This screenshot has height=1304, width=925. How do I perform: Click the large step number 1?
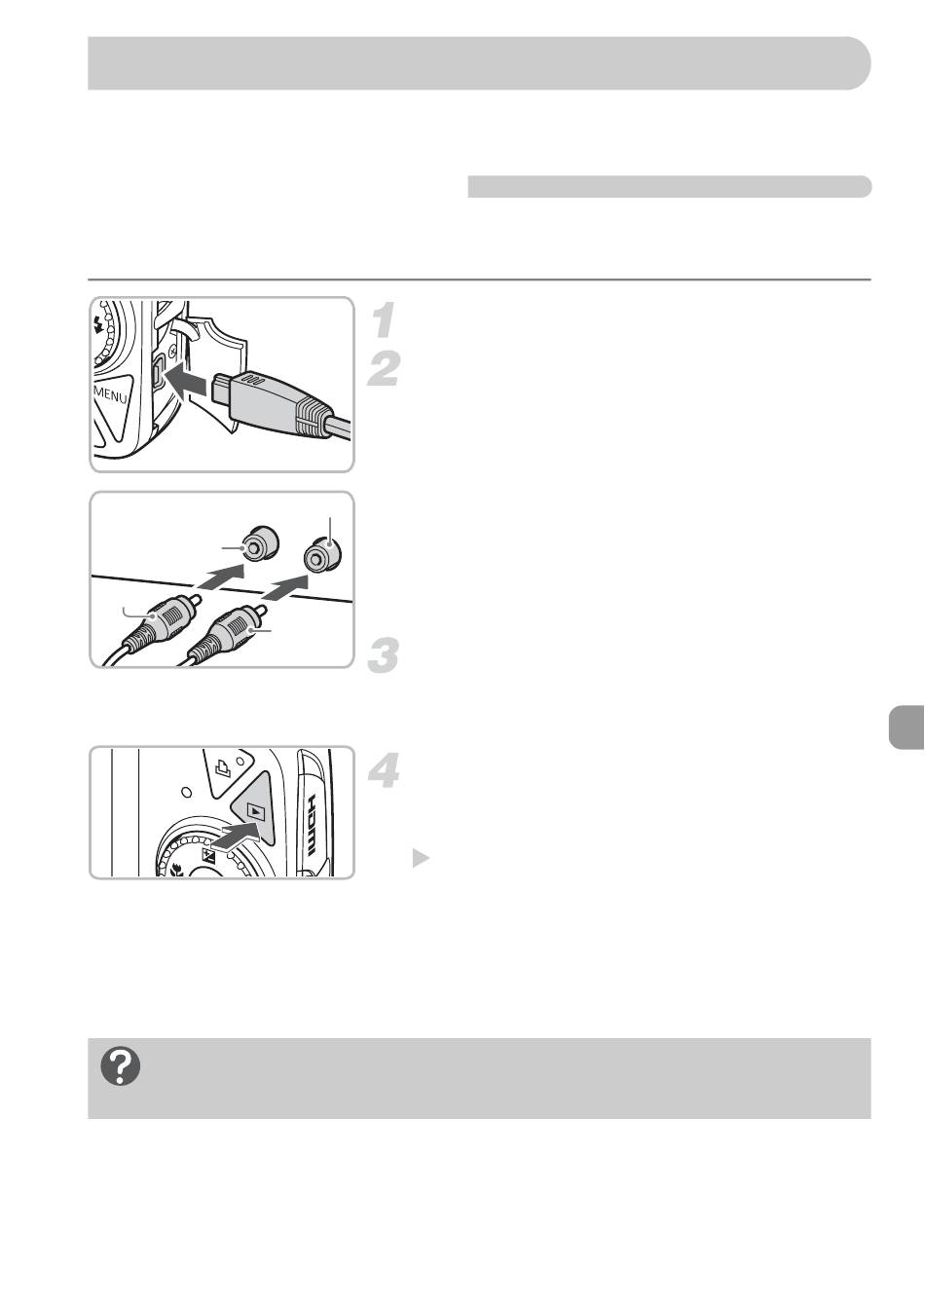click(384, 319)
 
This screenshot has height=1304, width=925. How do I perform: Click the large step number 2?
click(384, 368)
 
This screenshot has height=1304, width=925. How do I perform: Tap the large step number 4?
click(384, 770)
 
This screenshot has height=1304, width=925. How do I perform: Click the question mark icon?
click(121, 1066)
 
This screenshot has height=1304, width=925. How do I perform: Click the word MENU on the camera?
click(111, 395)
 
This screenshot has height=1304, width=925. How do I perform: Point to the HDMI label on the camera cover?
click(311, 823)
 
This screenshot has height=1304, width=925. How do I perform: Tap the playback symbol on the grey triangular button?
click(255, 809)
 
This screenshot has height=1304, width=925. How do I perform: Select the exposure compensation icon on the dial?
click(207, 855)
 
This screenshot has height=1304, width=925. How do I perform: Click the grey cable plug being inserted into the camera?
click(279, 401)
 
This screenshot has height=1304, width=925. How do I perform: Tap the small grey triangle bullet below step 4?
click(421, 858)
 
